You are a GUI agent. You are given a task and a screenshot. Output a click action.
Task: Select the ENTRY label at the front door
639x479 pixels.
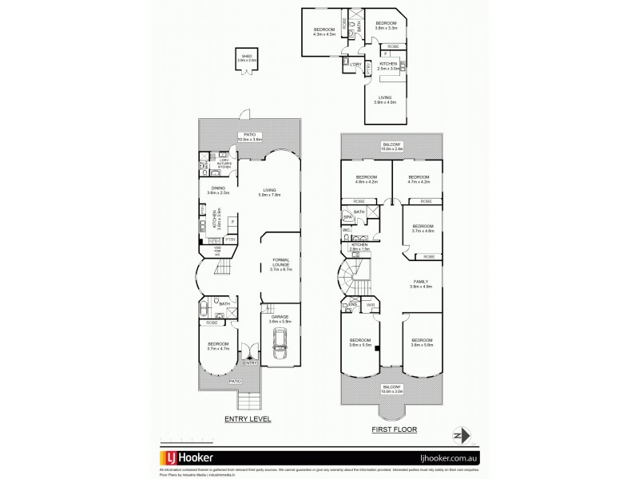click(251, 362)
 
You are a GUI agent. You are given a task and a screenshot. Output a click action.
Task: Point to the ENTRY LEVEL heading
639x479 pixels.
click(248, 418)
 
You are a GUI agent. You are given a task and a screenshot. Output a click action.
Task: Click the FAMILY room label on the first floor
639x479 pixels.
click(421, 284)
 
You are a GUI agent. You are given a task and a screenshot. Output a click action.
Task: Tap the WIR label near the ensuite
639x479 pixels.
click(370, 305)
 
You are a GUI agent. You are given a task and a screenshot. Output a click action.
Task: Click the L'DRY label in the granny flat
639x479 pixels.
click(355, 64)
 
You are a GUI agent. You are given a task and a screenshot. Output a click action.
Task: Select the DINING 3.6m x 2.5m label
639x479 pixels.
click(218, 190)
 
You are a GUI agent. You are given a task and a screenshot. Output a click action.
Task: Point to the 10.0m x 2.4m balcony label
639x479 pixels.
click(392, 147)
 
